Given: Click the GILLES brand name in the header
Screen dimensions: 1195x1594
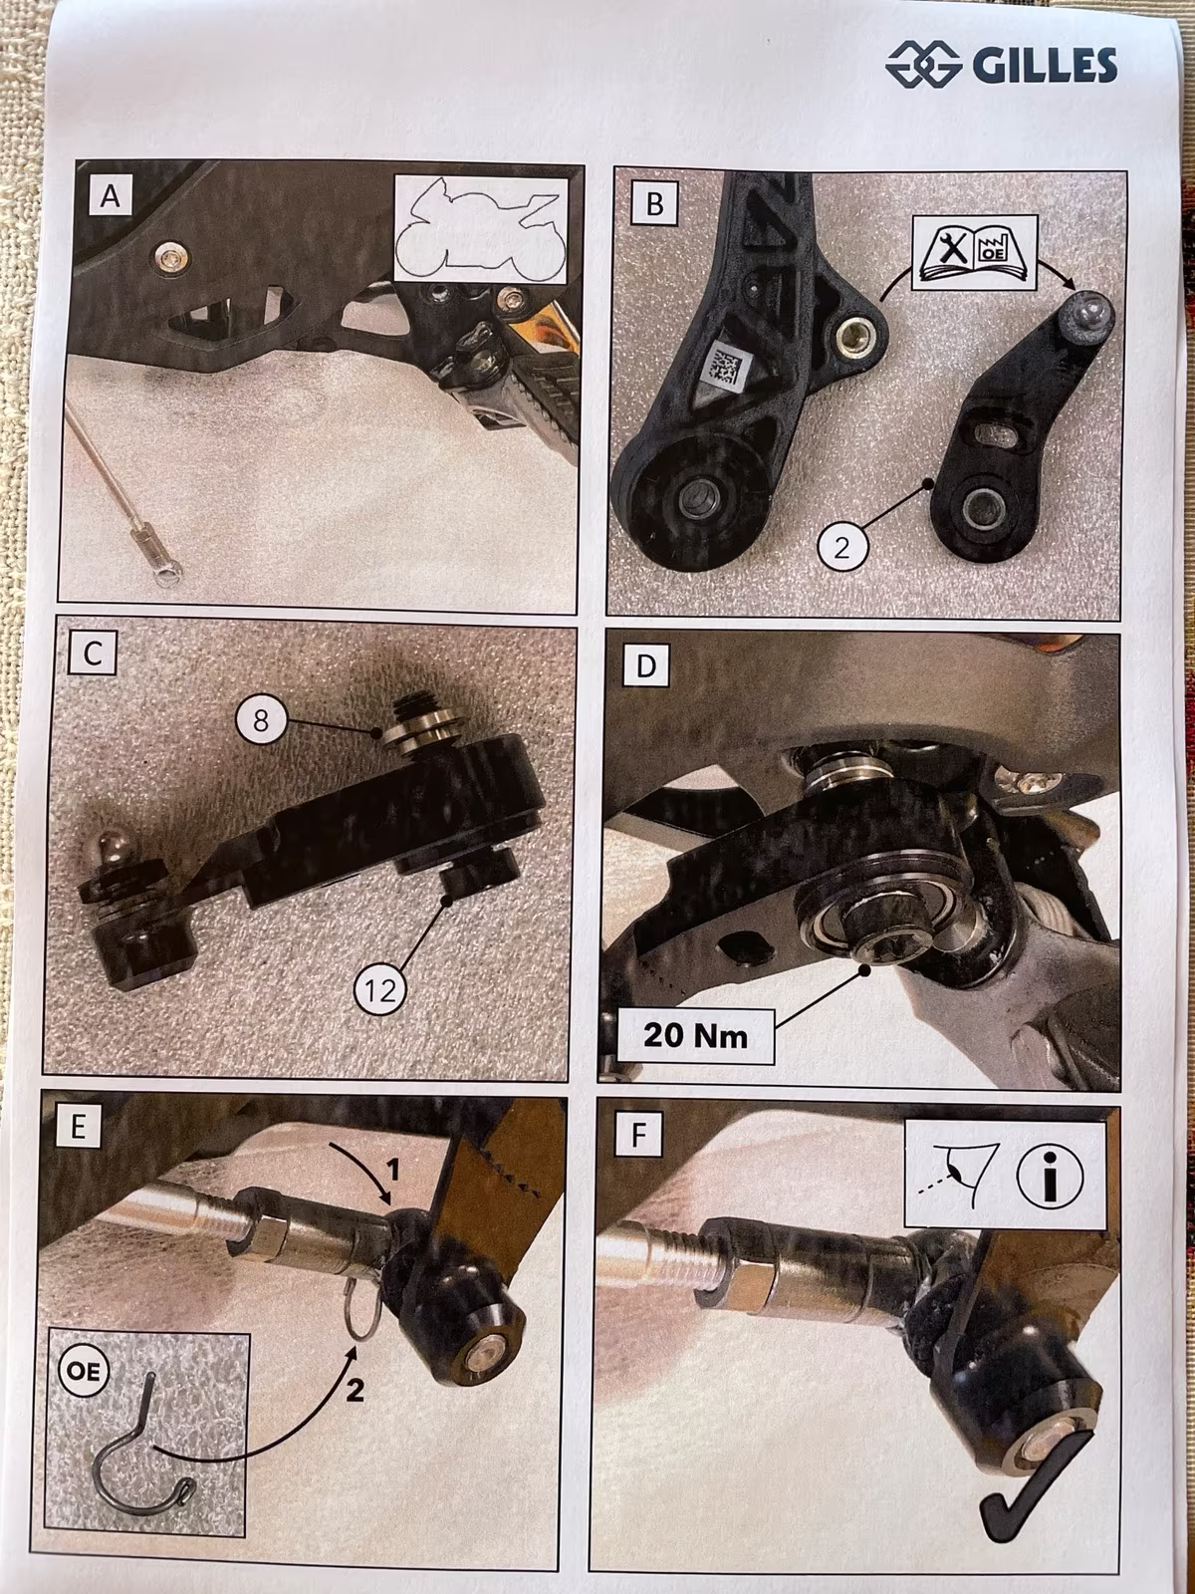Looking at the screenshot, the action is coord(1044,65).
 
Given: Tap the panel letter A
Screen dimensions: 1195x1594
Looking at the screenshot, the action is coord(111,195).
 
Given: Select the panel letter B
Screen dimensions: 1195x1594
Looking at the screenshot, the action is coord(654,204).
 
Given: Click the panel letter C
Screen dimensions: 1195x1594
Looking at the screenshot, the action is coord(93,655).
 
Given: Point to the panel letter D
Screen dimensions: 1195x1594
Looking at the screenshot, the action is coord(645,666).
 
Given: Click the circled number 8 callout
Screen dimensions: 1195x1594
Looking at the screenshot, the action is coord(261,720).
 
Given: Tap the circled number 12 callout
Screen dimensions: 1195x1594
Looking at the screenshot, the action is coord(380,989).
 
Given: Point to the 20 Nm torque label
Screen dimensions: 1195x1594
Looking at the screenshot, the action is coord(695,1035).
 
